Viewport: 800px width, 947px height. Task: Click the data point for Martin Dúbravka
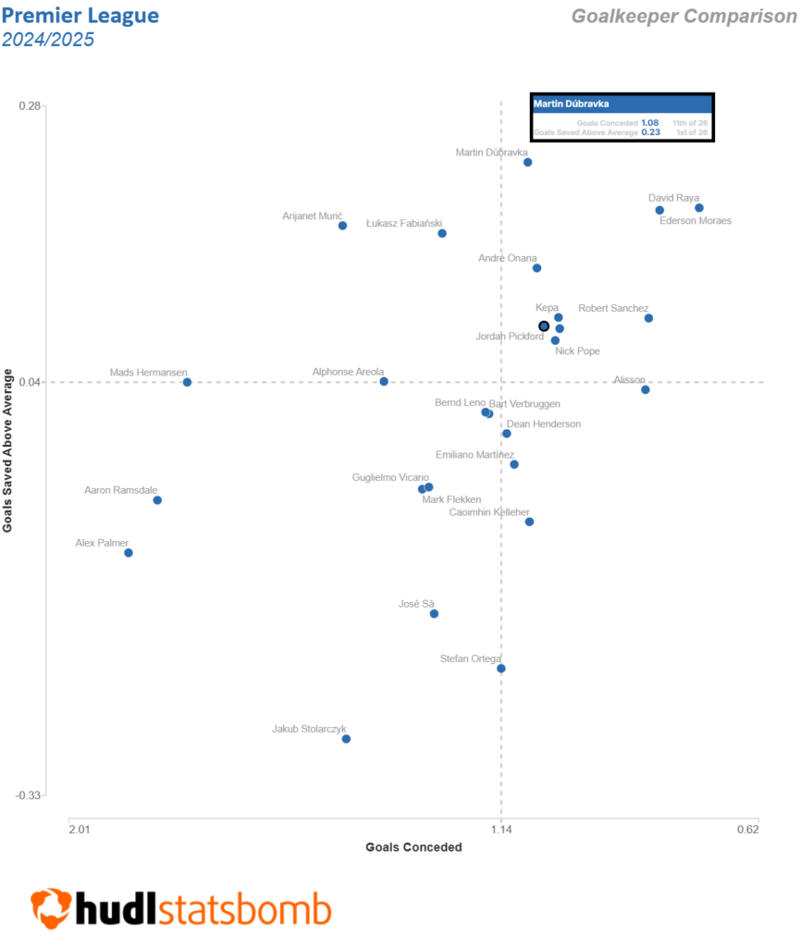pos(528,162)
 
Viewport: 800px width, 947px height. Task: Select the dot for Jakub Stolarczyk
pos(346,739)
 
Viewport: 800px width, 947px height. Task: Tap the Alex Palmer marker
pos(129,553)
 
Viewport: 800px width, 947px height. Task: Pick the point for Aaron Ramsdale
pos(157,500)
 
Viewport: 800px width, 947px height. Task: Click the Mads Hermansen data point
pos(187,382)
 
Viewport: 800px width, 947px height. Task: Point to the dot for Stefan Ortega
pos(501,669)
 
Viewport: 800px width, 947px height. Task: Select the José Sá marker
pos(434,613)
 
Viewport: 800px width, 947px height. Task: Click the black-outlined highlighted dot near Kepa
pos(544,326)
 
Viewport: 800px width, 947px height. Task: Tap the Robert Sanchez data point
pos(648,318)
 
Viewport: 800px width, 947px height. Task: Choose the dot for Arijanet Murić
pos(342,226)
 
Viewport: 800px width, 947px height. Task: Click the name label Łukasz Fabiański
pos(404,224)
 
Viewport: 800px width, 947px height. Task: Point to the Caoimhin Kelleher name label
pos(489,512)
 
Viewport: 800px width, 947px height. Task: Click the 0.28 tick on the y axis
pos(31,105)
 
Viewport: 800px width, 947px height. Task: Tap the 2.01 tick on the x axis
pos(80,829)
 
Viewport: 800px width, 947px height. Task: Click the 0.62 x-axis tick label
pos(748,829)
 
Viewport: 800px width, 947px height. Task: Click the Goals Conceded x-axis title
pos(413,847)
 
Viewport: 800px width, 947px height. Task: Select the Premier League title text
pos(80,16)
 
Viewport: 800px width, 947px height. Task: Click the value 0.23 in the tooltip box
pos(649,133)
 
